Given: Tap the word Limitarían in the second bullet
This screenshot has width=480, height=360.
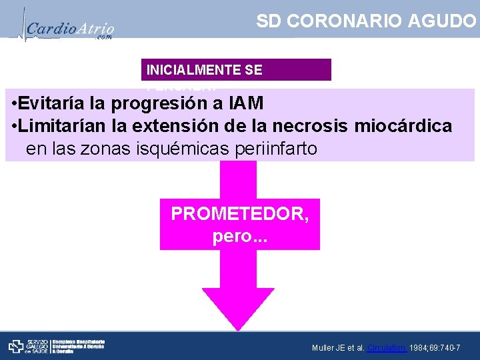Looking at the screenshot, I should pos(71,125).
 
